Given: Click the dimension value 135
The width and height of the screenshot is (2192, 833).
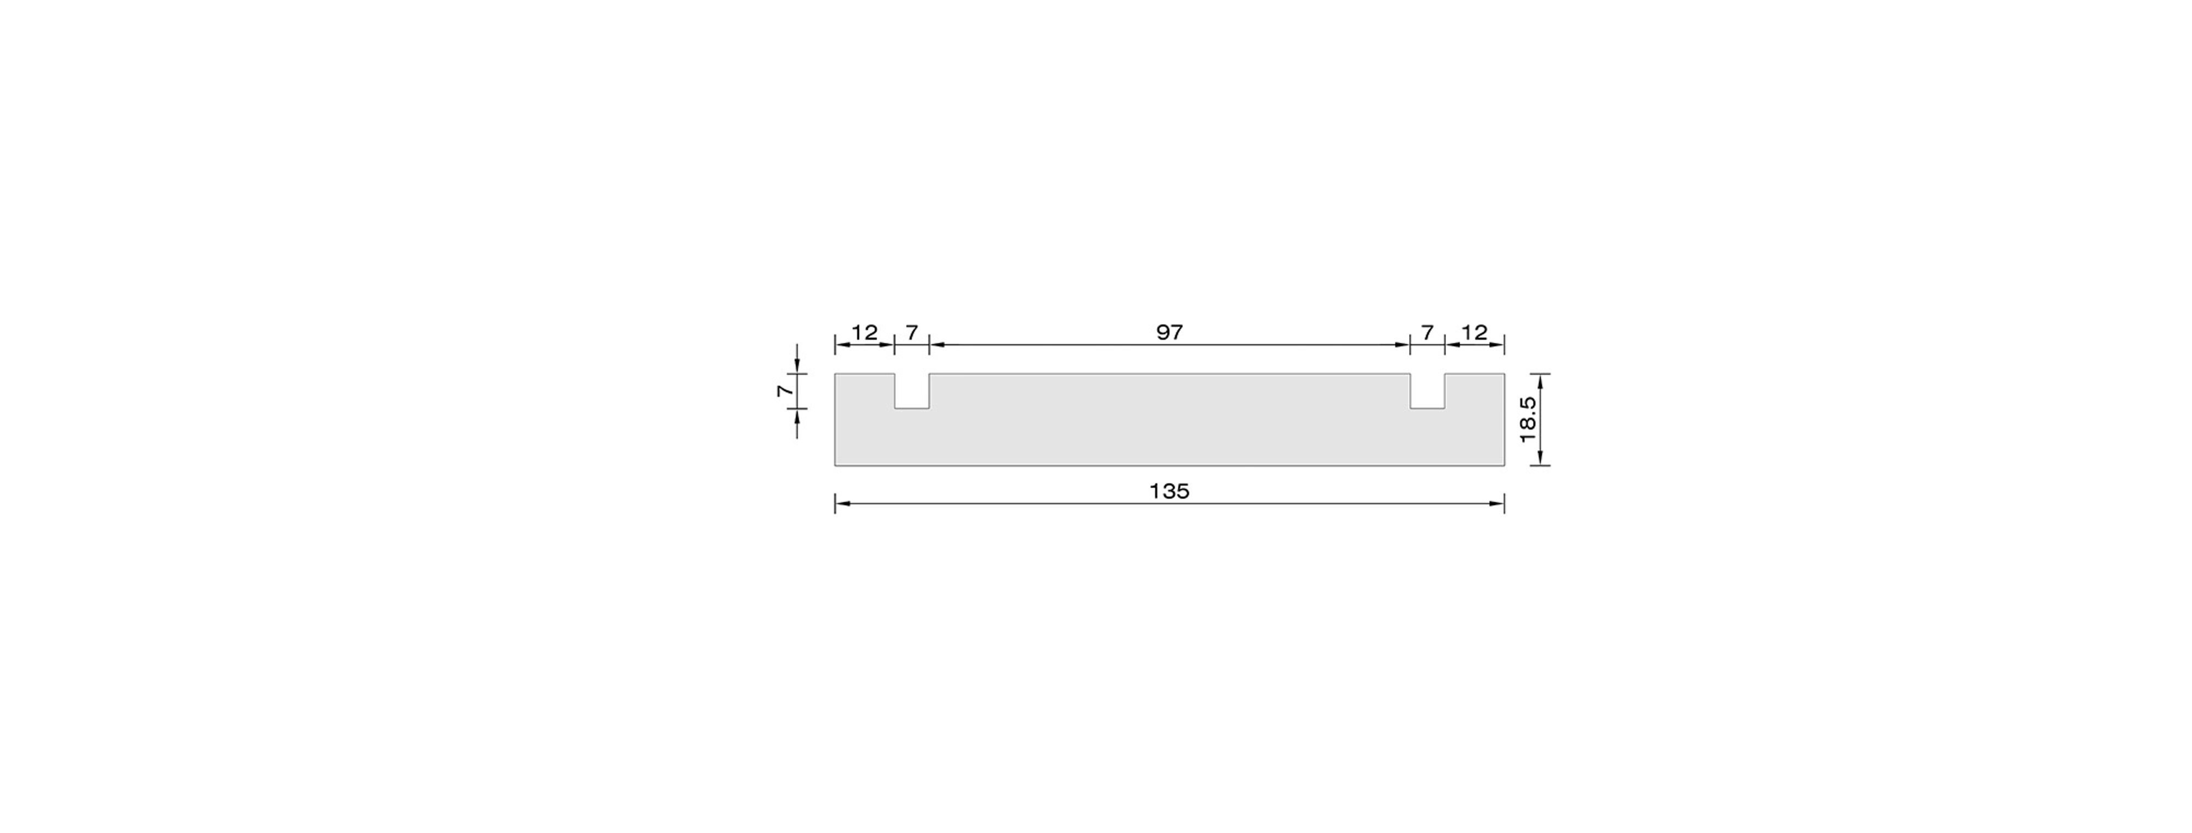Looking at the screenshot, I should pyautogui.click(x=1169, y=491).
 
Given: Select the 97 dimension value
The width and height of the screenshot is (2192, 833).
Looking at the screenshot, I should pyautogui.click(x=1169, y=332).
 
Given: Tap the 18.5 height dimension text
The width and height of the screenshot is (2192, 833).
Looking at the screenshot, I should pyautogui.click(x=1527, y=419).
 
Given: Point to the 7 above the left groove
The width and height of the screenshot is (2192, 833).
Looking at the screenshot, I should pyautogui.click(x=911, y=333).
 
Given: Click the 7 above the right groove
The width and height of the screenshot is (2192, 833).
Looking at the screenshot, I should pyautogui.click(x=1427, y=333).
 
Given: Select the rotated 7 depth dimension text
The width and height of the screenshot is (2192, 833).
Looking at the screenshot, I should pyautogui.click(x=785, y=391).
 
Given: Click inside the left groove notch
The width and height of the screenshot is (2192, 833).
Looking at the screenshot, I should pyautogui.click(x=911, y=391).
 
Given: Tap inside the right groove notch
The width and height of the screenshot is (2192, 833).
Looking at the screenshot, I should pyautogui.click(x=1427, y=391).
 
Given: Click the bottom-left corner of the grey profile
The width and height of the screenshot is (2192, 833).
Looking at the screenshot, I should pyautogui.click(x=836, y=465).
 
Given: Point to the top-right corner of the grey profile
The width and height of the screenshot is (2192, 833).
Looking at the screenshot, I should pyautogui.click(x=1504, y=374).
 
